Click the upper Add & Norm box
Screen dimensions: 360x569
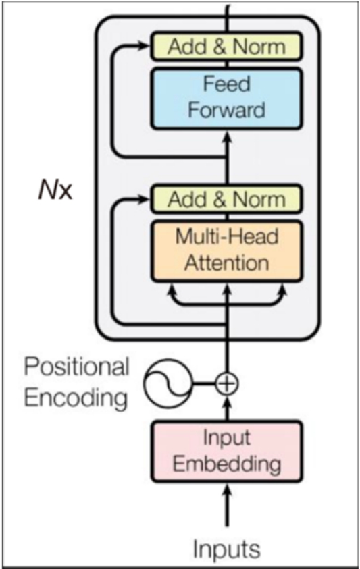point(226,46)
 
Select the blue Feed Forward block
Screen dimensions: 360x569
point(226,99)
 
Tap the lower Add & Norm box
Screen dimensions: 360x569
point(226,199)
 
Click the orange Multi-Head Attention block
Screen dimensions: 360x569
point(226,251)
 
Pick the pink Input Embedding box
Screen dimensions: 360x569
point(226,451)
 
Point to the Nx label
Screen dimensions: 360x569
point(55,190)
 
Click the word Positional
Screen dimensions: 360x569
point(76,367)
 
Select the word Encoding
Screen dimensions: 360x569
point(76,398)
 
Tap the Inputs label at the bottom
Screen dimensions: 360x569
point(227,549)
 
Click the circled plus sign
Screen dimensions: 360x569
point(227,383)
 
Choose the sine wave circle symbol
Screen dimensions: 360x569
point(168,383)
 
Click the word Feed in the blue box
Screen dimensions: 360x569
point(227,84)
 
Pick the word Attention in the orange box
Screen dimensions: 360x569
point(227,263)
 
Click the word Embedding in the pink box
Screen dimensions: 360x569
point(227,464)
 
